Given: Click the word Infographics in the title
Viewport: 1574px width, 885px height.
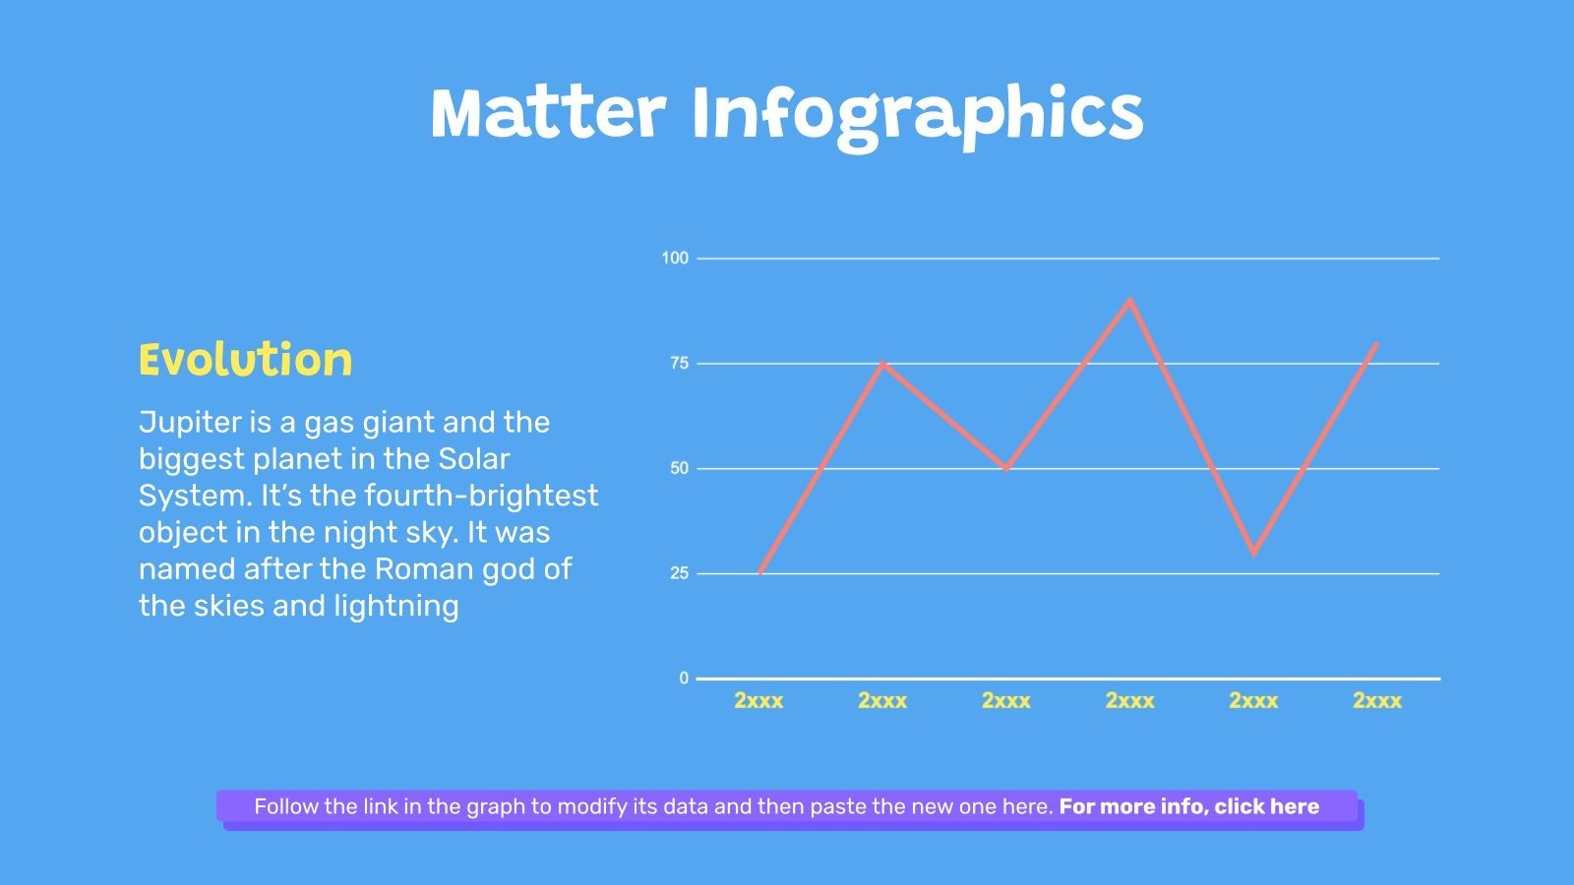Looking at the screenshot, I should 917,114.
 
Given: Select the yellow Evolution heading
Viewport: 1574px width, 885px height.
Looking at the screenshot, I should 245,360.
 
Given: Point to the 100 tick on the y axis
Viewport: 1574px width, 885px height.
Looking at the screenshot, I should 675,259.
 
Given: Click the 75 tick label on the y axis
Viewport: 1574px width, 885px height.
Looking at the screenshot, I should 679,364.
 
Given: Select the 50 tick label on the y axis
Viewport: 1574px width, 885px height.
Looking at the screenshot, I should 679,469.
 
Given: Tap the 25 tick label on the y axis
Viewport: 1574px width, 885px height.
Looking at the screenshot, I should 679,573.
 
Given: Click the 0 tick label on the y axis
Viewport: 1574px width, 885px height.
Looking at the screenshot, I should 684,678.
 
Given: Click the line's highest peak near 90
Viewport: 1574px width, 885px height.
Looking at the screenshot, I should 1129,301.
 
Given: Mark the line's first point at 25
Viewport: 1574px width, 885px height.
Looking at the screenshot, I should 760,572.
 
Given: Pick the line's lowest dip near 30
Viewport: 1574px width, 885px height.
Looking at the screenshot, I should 1253,553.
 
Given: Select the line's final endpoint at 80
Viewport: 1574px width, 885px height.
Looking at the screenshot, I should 1375,344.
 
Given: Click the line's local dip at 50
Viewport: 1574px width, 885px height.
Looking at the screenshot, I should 1006,468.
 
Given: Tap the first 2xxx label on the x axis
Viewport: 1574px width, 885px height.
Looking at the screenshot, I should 758,701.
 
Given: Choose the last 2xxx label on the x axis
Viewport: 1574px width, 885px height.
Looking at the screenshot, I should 1376,701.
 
